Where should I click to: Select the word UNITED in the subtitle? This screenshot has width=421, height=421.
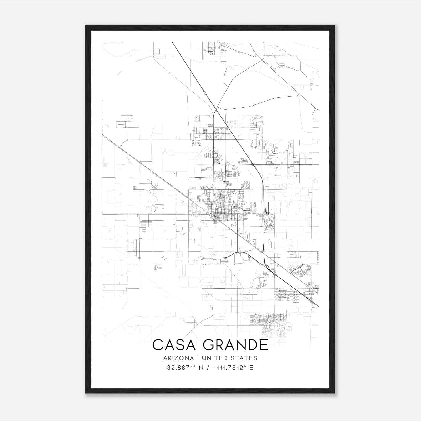[x=212, y=358]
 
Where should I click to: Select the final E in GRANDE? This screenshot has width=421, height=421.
[x=263, y=345]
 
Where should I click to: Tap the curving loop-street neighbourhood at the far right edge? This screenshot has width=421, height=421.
[x=300, y=270]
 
